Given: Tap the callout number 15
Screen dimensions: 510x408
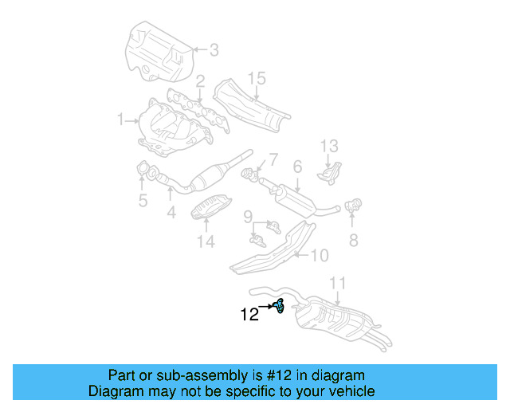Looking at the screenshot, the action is click(256, 78).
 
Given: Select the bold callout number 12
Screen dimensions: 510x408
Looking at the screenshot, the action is click(249, 314).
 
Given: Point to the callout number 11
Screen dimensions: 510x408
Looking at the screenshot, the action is click(338, 283).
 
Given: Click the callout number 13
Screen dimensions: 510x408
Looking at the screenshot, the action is click(330, 146).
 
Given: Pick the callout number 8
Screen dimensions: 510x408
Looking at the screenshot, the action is click(353, 239).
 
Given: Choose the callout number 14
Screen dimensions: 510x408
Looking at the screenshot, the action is click(206, 242).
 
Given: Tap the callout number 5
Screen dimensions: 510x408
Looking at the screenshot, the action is click(143, 201).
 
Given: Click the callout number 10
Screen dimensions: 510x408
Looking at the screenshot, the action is click(319, 256).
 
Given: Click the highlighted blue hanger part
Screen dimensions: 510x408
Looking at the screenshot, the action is click(279, 304).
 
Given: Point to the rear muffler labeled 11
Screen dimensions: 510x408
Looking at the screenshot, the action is click(335, 319).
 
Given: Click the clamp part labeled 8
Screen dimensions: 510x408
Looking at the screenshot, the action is click(354, 206).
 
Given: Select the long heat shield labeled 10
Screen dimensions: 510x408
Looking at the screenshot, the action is click(271, 249).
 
